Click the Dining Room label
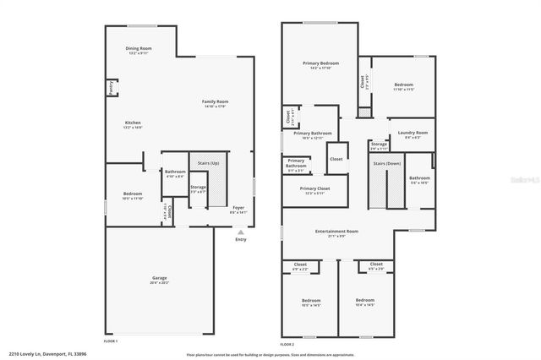pyautogui.click(x=138, y=51)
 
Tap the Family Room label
pyautogui.click(x=216, y=103)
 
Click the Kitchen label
pyautogui.click(x=133, y=124)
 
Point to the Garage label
pyautogui.click(x=159, y=280)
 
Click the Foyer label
pyautogui.click(x=239, y=209)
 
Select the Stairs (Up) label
pyautogui.click(x=209, y=163)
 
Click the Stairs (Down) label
pyautogui.click(x=385, y=164)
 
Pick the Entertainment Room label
pyautogui.click(x=337, y=232)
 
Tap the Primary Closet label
pyautogui.click(x=314, y=190)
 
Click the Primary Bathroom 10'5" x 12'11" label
pyautogui.click(x=313, y=134)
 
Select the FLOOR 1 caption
pyautogui.click(x=110, y=341)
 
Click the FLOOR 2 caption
pyautogui.click(x=287, y=345)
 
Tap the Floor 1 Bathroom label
pyautogui.click(x=175, y=173)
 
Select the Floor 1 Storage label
pyautogui.click(x=198, y=188)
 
